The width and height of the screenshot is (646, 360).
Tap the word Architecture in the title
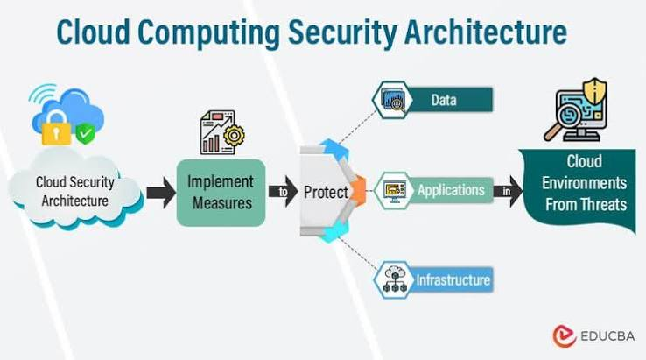(485, 32)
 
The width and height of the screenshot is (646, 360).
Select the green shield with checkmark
(85, 133)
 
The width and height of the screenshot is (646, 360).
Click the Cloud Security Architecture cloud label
(75, 191)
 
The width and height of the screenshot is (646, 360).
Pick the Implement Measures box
(221, 193)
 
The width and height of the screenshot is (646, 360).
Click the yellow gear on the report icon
(234, 135)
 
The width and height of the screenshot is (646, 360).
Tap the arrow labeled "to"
(283, 192)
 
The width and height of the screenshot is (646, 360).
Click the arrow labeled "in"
(508, 191)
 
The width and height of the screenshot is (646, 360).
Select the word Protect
(326, 192)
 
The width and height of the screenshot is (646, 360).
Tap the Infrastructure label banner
(452, 280)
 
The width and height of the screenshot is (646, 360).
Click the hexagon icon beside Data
(393, 100)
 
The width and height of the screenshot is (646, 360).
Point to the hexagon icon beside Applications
(394, 191)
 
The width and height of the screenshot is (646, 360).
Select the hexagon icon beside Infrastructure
(394, 280)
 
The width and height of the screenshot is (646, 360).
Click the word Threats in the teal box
(605, 205)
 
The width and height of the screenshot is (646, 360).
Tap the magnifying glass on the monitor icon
(563, 118)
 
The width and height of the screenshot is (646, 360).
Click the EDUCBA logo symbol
(565, 335)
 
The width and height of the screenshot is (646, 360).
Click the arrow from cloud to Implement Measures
(161, 193)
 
